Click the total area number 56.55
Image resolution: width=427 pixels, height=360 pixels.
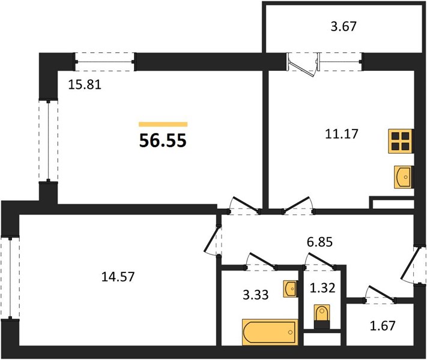(x=163, y=140)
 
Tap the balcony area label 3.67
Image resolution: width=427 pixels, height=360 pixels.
(x=344, y=26)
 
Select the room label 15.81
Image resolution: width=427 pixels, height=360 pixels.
(x=85, y=85)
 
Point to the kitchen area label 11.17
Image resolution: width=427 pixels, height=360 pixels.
(x=342, y=134)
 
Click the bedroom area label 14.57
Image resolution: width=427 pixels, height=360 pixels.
(x=118, y=277)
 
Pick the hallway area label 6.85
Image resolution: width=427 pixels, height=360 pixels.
(x=319, y=242)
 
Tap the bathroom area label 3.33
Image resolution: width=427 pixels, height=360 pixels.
(x=255, y=295)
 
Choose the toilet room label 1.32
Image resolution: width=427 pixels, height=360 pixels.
(x=323, y=287)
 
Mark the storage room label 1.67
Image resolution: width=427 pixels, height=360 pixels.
(x=383, y=325)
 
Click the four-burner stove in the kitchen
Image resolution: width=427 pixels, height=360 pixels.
(x=401, y=141)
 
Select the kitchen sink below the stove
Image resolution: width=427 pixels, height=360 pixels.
(x=404, y=177)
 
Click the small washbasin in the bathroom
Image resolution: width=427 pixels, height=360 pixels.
(x=290, y=289)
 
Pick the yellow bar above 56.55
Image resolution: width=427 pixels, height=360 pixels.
(x=163, y=124)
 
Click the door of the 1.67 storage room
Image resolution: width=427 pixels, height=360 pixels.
(x=380, y=293)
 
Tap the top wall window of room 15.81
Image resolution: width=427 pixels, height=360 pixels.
(x=105, y=62)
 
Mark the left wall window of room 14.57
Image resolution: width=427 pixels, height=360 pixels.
(x=10, y=278)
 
